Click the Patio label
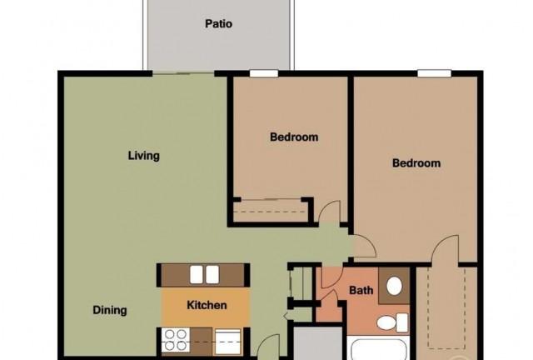pyautogui.click(x=218, y=24)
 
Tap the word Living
pyautogui.click(x=144, y=156)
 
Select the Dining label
pyautogui.click(x=110, y=310)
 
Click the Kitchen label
pyautogui.click(x=207, y=305)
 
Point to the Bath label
pyautogui.click(x=361, y=290)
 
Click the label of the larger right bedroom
pyautogui.click(x=416, y=163)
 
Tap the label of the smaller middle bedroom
pyautogui.click(x=294, y=137)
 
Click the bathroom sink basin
pyautogui.click(x=394, y=286)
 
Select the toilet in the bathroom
pyautogui.click(x=392, y=322)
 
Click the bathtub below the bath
pyautogui.click(x=378, y=348)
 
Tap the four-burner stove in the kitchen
pyautogui.click(x=176, y=340)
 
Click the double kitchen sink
pyautogui.click(x=204, y=275)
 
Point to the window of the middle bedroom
pyautogui.click(x=264, y=73)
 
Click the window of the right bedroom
pyautogui.click(x=434, y=73)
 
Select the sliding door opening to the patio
pyautogui.click(x=183, y=72)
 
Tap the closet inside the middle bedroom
pyautogui.click(x=270, y=211)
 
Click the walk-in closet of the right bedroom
pyautogui.click(x=446, y=310)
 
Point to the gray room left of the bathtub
pyautogui.click(x=318, y=343)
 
